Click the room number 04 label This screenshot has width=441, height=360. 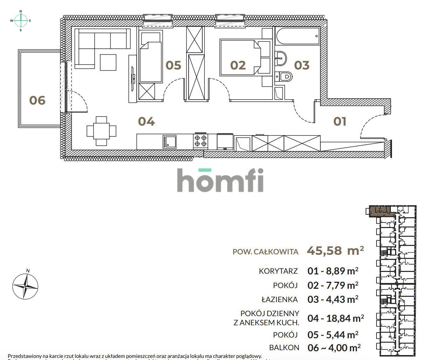tap(146, 122)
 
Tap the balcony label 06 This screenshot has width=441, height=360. tap(37, 100)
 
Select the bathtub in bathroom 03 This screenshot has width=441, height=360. tap(297, 36)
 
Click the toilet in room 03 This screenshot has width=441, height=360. tap(284, 76)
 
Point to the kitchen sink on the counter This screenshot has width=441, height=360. tap(170, 142)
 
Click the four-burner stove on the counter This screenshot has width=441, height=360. tap(201, 141)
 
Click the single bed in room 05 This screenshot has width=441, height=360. tap(151, 62)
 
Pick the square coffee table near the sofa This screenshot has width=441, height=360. tap(108, 62)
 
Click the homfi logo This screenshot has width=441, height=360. tap(220, 180)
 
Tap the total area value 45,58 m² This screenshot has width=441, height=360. tap(335, 251)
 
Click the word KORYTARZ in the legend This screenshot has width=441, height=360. tap(278, 271)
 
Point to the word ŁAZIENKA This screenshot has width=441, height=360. tap(279, 300)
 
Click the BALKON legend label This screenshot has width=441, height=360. tap(284, 348)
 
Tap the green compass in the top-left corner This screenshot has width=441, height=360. tap(21, 21)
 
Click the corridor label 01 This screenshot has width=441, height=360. tap(340, 122)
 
